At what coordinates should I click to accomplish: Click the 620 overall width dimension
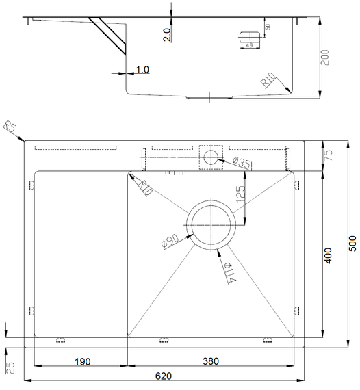pos(163,376)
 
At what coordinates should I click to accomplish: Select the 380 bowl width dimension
pos(211,361)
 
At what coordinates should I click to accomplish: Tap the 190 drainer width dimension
pos(83,361)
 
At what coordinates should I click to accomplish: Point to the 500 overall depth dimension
pos(352,244)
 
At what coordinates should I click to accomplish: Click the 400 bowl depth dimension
pos(328,256)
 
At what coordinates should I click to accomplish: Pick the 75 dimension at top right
pos(329,155)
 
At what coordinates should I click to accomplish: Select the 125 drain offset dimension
pos(240,194)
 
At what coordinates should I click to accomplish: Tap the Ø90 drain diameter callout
pos(170,242)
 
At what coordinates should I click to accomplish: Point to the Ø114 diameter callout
pos(229,273)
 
